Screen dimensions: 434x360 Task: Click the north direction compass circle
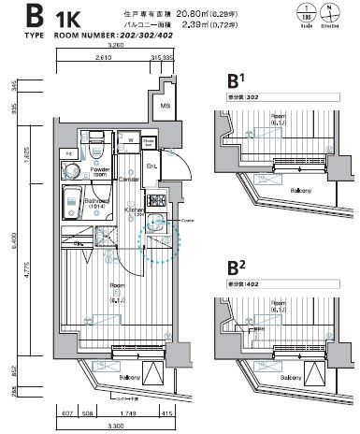(332, 17)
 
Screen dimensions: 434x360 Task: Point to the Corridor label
(128, 178)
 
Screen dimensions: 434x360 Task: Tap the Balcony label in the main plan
(105, 377)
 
